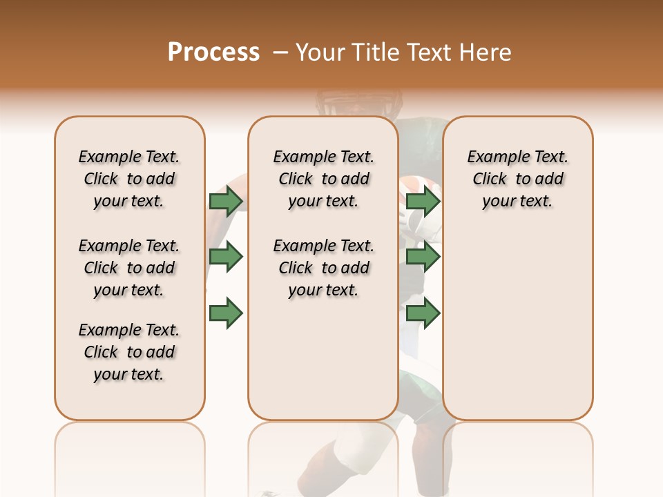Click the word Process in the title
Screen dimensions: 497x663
click(213, 52)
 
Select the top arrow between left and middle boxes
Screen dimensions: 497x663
click(226, 201)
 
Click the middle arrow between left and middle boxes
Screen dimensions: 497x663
click(226, 257)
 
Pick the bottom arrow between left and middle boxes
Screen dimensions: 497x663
click(226, 313)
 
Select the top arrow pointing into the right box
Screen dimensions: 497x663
click(423, 201)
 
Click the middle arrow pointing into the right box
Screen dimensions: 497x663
click(423, 257)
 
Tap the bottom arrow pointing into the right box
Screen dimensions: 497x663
click(423, 313)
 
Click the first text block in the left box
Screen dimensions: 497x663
click(129, 179)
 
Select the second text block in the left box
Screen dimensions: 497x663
click(129, 268)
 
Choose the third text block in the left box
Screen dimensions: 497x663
click(129, 352)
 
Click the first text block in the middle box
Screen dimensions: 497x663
click(323, 179)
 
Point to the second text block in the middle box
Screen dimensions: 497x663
click(323, 268)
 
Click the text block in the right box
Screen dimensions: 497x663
click(517, 179)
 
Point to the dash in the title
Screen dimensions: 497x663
click(280, 52)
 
